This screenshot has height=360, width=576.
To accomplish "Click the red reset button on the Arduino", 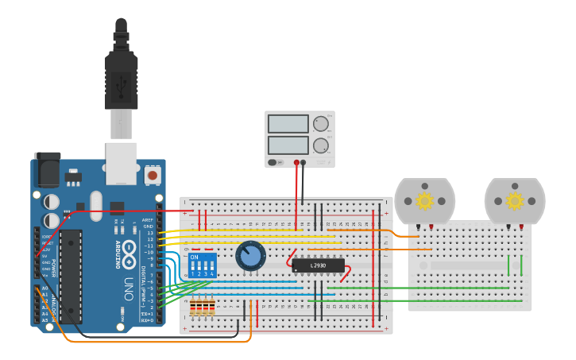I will click(152, 173).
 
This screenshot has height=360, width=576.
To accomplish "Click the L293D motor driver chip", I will click(318, 265).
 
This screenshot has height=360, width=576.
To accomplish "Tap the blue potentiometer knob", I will click(250, 256).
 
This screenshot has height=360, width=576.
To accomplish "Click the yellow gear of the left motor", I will click(425, 201).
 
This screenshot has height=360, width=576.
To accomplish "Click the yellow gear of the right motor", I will click(515, 201).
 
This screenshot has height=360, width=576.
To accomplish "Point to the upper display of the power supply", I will click(288, 124).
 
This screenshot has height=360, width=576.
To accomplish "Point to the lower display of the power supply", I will click(288, 145).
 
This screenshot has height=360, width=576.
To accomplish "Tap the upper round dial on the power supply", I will click(320, 124).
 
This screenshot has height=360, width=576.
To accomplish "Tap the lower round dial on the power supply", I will click(320, 145).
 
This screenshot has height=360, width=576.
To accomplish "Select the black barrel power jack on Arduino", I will click(47, 170).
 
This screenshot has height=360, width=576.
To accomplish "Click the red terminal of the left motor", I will click(431, 227).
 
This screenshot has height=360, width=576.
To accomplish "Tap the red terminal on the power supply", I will click(296, 162).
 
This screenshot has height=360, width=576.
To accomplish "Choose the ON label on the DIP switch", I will click(195, 257).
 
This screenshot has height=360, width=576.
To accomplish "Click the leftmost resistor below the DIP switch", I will click(194, 307).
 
